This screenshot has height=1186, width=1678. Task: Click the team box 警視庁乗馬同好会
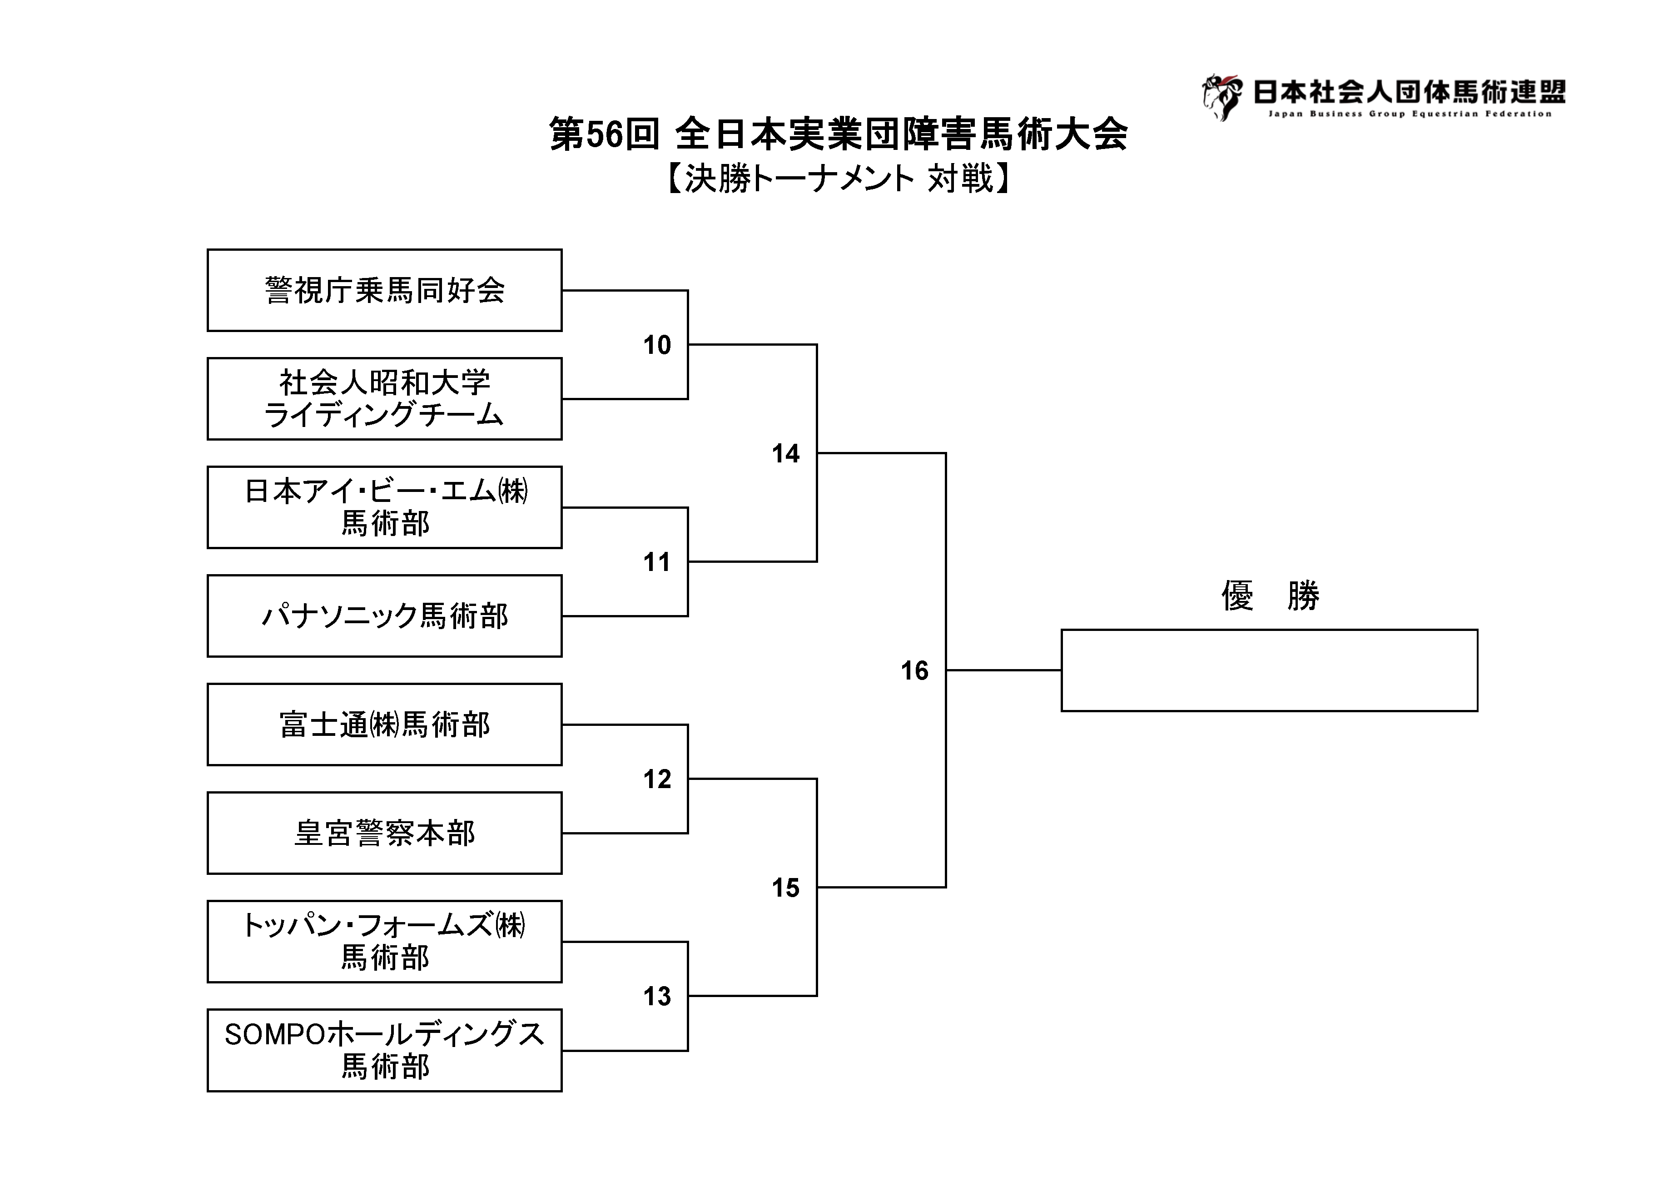click(384, 290)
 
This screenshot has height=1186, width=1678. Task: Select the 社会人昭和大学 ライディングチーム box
click(384, 398)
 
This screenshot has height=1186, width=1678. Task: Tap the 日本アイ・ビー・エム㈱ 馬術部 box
click(384, 507)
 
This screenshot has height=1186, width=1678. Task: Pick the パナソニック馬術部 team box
click(384, 616)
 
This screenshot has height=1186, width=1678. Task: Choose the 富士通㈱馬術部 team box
click(384, 724)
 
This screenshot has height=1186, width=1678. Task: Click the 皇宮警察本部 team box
click(384, 833)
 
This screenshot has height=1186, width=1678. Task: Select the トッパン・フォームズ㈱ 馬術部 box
click(384, 941)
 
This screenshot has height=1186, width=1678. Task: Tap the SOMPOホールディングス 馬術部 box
click(384, 1050)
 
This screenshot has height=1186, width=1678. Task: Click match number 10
click(657, 345)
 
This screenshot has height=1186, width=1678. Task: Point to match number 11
click(657, 562)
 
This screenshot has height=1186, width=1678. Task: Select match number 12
click(657, 779)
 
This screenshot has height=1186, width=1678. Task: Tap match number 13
click(657, 996)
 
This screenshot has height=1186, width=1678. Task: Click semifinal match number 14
click(786, 454)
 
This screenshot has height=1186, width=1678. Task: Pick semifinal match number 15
click(786, 888)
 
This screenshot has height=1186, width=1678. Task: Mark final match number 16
click(914, 671)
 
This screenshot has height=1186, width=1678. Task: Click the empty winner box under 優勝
click(1270, 670)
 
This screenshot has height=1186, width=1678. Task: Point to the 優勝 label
click(1270, 595)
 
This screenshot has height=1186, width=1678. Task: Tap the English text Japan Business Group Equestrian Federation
click(1410, 114)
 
